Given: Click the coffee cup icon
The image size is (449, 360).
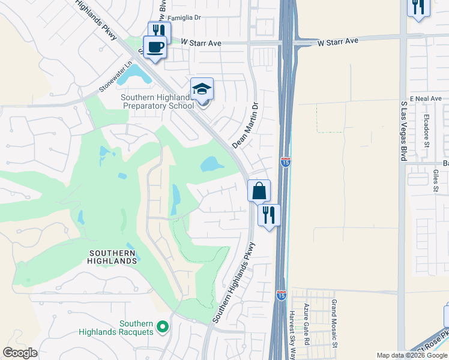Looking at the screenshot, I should pos(155,47).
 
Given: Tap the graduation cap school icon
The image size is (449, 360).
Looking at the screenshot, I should pos(202,89).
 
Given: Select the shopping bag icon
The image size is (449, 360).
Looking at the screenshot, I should pos(259,191).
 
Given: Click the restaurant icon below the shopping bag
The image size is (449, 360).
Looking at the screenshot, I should pos(269,215).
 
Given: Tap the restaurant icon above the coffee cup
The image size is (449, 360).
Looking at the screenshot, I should pos(159,31).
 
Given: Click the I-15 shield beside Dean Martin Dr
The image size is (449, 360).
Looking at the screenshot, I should pos(286,162).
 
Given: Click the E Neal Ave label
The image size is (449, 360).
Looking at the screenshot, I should pos(425,98).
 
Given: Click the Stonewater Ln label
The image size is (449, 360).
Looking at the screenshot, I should pos(115,77).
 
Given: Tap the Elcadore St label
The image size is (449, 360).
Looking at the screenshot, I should pos(426,131).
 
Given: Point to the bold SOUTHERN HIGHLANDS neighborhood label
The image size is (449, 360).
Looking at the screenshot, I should pos(113,257).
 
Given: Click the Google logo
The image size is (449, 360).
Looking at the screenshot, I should pos(20,353).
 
